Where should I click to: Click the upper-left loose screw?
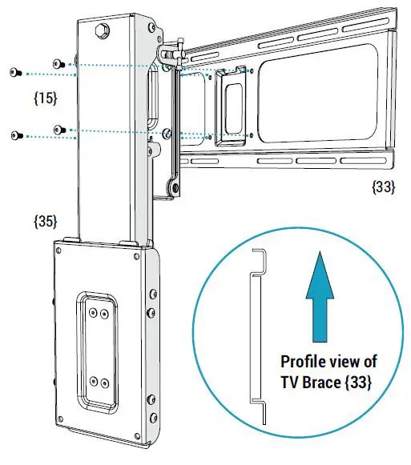pos(15,73)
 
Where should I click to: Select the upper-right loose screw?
pos(56,63)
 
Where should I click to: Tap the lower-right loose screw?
pos(58,127)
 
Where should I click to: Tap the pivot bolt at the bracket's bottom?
pos(169,189)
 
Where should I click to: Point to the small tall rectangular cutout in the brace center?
pos(232,104)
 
